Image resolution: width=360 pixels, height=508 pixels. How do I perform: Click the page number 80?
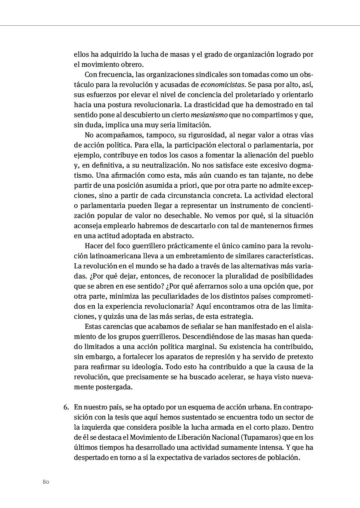tap(46, 482)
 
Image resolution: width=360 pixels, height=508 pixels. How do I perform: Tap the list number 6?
tap(66, 407)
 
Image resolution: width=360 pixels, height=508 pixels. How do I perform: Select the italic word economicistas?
tap(222, 85)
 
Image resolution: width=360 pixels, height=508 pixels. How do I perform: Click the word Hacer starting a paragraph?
tap(93, 246)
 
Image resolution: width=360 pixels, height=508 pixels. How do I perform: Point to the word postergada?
tap(114, 387)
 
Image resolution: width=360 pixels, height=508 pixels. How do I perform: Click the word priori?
tap(181, 186)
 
